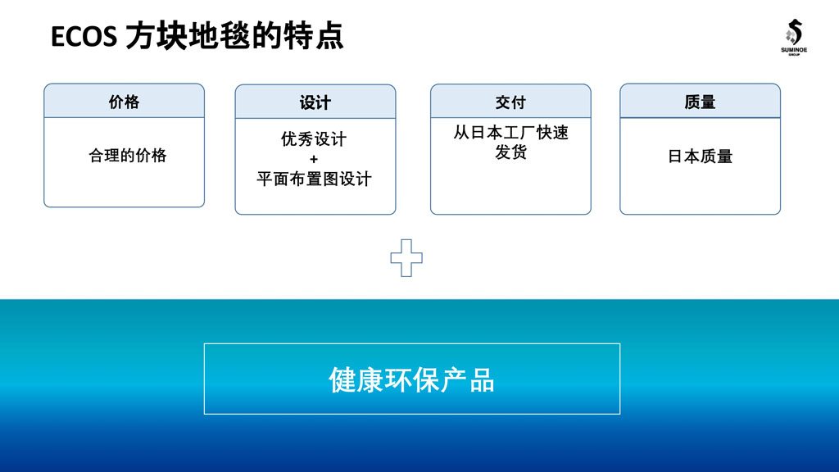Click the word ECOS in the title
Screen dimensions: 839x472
tap(84, 37)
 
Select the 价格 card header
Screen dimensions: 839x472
tap(125, 101)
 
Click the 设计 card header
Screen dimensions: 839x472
tap(315, 102)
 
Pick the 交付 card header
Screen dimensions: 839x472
tap(510, 101)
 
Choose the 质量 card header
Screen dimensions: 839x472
tap(700, 101)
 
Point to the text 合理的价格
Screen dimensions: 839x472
tap(127, 156)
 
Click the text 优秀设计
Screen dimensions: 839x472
tap(314, 139)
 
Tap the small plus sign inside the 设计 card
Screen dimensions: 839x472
tap(314, 159)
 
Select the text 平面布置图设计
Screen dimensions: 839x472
tap(314, 179)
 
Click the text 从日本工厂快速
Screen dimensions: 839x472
tap(511, 132)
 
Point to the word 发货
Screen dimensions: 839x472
tap(511, 152)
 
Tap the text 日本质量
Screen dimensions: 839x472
tap(700, 157)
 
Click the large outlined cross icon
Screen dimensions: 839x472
tap(406, 258)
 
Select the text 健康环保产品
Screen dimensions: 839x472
tap(411, 380)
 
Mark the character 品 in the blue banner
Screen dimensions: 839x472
tap(482, 380)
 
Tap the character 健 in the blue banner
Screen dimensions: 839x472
tap(342, 380)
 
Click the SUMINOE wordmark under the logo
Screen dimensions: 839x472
tap(793, 50)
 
